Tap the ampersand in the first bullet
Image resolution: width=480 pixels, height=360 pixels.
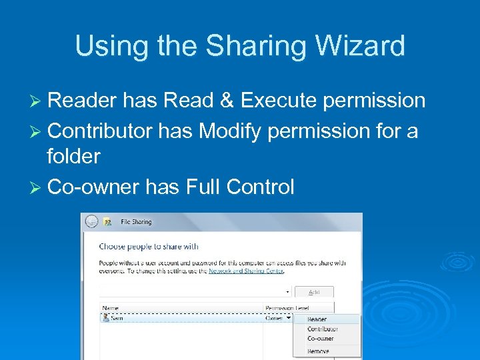pyautogui.click(x=227, y=101)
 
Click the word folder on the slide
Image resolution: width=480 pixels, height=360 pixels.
pyautogui.click(x=73, y=157)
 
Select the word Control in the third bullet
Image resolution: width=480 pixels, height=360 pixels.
pyautogui.click(x=260, y=187)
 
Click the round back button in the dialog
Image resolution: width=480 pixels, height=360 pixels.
pyautogui.click(x=91, y=222)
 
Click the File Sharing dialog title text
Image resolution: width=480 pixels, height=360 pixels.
pyautogui.click(x=137, y=222)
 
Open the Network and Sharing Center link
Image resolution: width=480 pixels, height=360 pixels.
pyautogui.click(x=246, y=271)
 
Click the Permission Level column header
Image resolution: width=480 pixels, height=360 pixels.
pyautogui.click(x=288, y=309)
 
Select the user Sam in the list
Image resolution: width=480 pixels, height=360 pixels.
pyautogui.click(x=116, y=319)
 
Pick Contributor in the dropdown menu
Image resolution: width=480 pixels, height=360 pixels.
pyautogui.click(x=322, y=329)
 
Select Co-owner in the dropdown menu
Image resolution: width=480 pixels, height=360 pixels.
pyautogui.click(x=320, y=339)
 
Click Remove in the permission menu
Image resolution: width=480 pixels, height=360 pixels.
pyautogui.click(x=318, y=351)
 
